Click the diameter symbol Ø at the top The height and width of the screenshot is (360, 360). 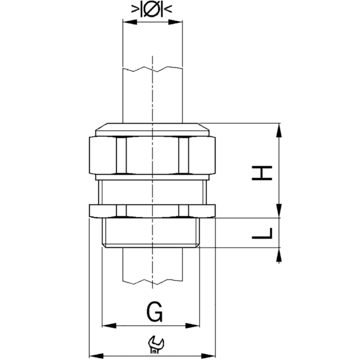[152, 10]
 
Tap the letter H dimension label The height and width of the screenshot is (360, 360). [262, 173]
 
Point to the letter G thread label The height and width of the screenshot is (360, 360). [154, 312]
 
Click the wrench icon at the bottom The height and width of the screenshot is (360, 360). [154, 342]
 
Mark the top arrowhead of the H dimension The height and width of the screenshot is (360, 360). [280, 128]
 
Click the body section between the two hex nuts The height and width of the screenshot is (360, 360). [152, 192]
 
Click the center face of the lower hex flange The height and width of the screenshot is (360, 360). [152, 211]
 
